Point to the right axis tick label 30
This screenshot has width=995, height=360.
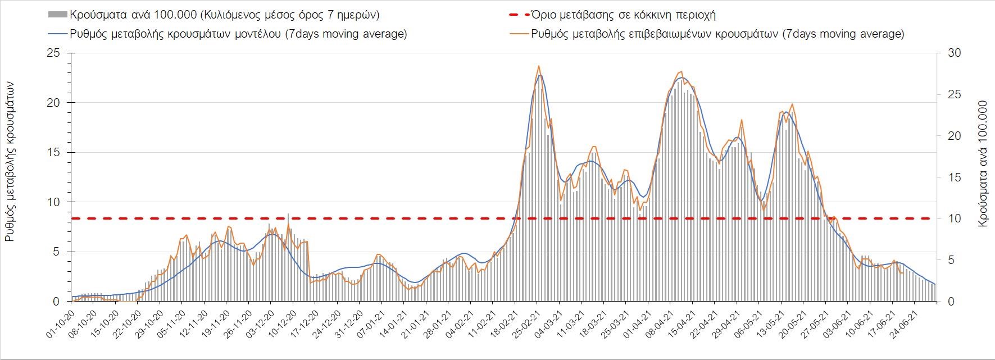955,53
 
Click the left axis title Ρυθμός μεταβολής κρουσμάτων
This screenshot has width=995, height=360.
10,161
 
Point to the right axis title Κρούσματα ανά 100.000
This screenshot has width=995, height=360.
983,164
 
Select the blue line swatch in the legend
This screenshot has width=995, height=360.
57,34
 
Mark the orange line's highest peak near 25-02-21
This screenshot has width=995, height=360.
539,66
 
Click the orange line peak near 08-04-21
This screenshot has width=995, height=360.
681,71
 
